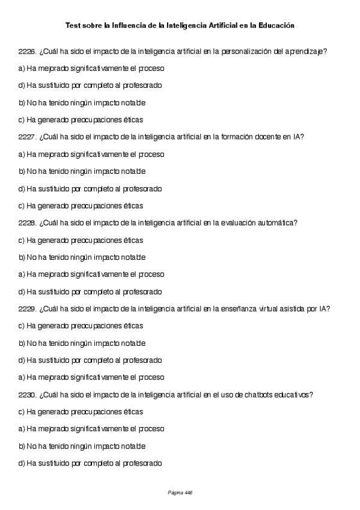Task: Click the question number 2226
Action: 27,52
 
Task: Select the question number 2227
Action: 27,137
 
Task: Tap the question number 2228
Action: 27,223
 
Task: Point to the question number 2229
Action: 27,309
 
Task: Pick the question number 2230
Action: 27,395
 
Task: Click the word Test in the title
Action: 72,26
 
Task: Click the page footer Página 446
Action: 180,493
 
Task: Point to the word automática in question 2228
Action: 276,223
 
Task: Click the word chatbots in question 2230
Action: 254,395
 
